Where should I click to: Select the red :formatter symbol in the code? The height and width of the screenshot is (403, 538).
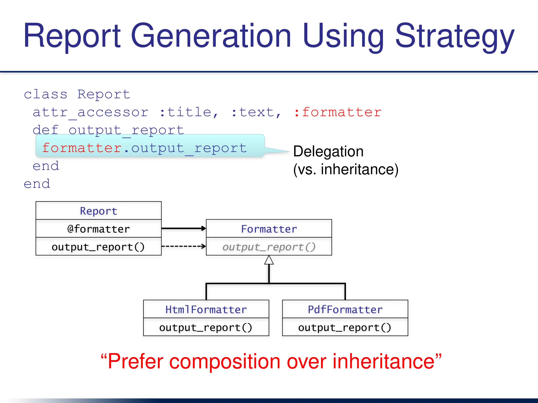(338, 112)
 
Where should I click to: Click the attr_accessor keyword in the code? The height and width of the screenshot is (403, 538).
(91, 112)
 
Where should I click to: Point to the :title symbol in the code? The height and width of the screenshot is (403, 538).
(189, 112)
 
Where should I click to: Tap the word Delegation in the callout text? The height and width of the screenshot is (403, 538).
(328, 152)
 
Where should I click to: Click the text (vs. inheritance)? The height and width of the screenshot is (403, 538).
(346, 169)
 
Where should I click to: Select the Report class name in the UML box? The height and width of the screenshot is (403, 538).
(99, 211)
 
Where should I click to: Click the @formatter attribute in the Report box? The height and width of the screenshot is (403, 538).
(99, 229)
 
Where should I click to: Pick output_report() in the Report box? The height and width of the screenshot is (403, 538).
(99, 247)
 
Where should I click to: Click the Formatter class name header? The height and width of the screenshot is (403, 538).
(269, 229)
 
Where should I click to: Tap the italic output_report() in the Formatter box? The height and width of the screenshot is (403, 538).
(269, 247)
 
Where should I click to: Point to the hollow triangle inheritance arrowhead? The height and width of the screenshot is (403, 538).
(269, 260)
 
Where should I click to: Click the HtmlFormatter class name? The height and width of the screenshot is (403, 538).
(206, 310)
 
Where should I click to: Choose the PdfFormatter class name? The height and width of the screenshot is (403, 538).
(345, 310)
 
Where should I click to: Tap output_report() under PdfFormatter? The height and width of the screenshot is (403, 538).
(345, 327)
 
